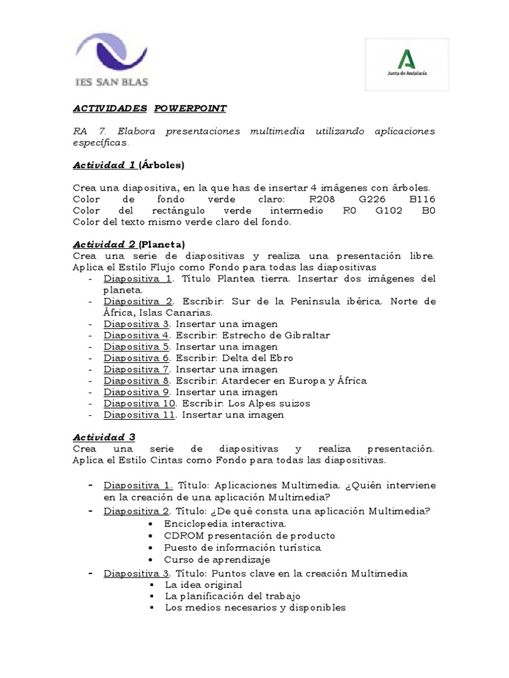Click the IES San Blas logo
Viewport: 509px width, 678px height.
tap(112, 61)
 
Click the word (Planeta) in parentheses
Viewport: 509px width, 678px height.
tap(162, 244)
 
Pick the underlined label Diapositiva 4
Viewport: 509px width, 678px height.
tap(137, 335)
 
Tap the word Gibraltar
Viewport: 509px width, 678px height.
tap(302, 335)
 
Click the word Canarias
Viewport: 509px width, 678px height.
tap(189, 312)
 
